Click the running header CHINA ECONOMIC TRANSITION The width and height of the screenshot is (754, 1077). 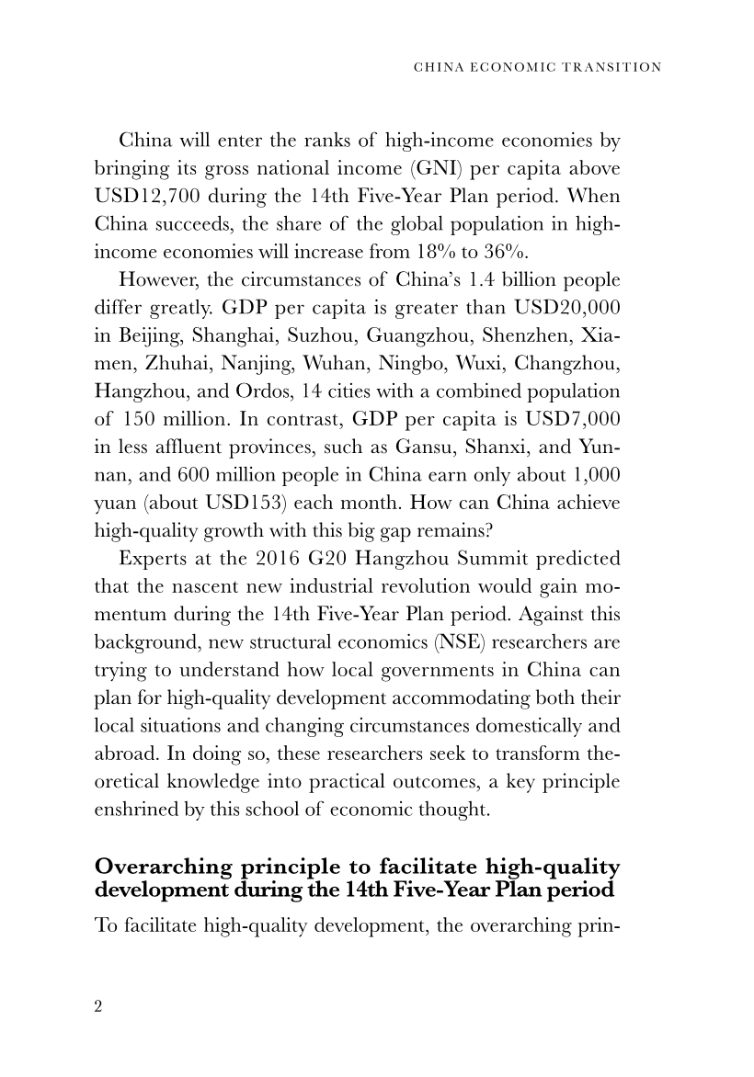pos(538,67)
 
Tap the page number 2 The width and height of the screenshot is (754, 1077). pos(98,1005)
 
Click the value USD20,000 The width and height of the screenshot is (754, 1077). pos(560,302)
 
